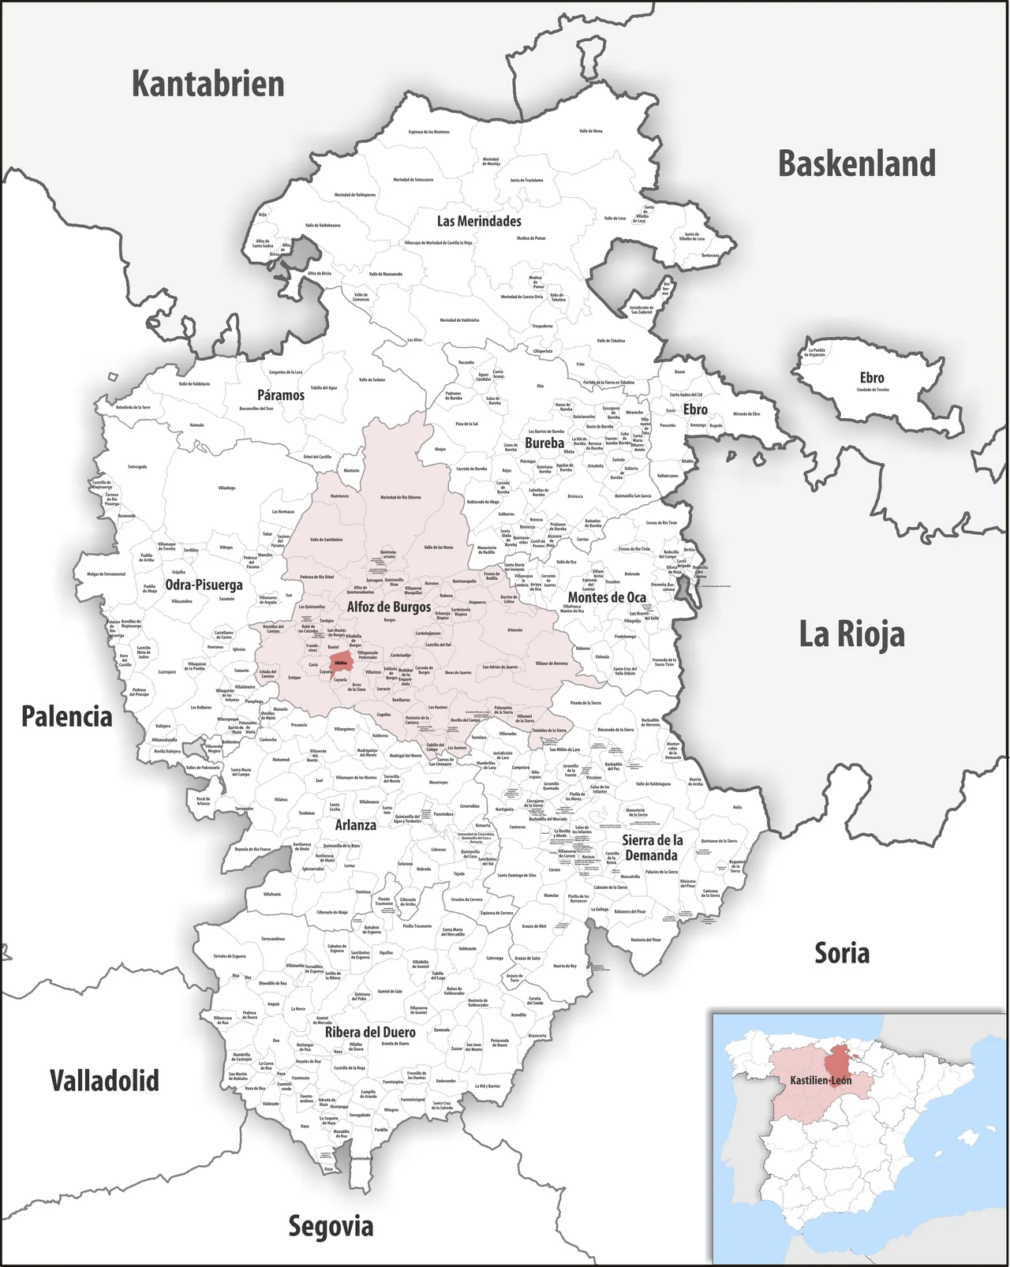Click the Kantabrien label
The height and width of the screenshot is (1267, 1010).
coord(208,84)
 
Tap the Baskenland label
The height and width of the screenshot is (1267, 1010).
coord(857,163)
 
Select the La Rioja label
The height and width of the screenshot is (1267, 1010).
coord(851,634)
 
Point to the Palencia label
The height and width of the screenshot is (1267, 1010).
coord(66,716)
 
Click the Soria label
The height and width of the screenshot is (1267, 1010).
coord(842,953)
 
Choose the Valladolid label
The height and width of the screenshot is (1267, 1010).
coord(104,1080)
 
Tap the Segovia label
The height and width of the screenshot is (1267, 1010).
coord(330,1225)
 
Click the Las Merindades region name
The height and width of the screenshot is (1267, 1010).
coord(479,221)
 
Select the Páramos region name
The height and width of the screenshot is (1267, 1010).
coord(280,394)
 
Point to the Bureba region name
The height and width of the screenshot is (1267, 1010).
coord(544,443)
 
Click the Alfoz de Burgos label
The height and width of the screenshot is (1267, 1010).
coord(389,607)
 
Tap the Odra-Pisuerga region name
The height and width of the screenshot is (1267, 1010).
coord(204,585)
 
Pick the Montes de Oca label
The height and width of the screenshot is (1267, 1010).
coord(607,597)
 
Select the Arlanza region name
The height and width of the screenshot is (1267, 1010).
coord(355,824)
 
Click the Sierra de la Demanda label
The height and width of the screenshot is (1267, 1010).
coord(652,847)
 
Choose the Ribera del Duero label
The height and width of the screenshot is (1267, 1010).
coord(370,1032)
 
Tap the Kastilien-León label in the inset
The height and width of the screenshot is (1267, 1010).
coord(821,1080)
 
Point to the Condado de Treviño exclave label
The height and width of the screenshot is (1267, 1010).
coord(872,390)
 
